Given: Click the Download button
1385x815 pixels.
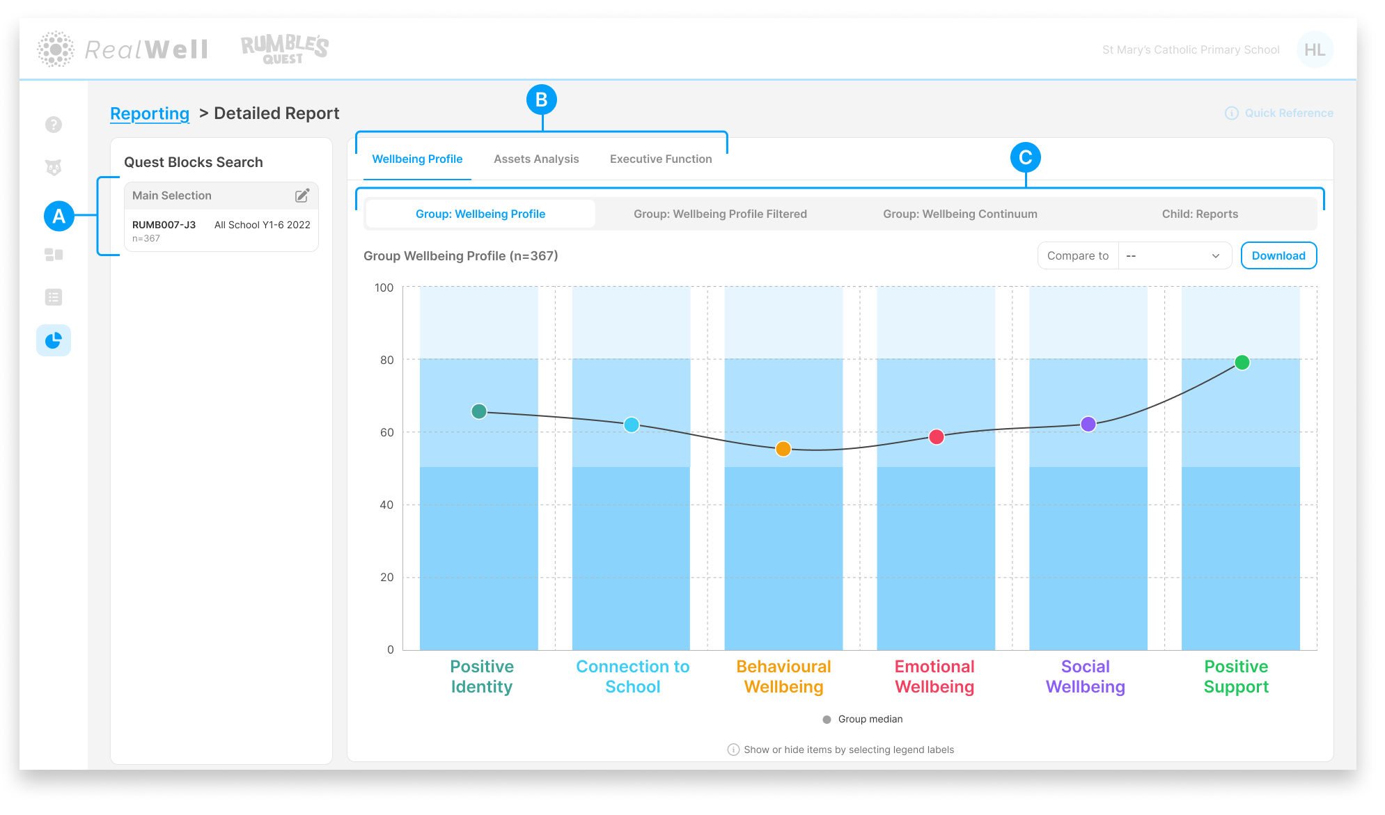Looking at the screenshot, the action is [1278, 255].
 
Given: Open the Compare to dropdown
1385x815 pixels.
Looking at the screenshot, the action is [1175, 255].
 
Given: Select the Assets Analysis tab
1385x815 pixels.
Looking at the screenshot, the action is [536, 159].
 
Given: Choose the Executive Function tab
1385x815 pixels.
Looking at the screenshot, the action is [661, 159].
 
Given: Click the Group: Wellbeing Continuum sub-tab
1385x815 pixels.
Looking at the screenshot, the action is [960, 214].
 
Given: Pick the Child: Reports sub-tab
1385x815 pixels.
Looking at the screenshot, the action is [1200, 214].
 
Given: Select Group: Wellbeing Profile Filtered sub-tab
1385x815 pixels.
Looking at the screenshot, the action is [720, 214].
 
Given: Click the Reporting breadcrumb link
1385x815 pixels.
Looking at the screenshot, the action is [150, 113].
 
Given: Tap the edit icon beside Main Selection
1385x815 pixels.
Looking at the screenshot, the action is [302, 196].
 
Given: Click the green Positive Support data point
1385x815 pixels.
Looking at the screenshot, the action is [1242, 362].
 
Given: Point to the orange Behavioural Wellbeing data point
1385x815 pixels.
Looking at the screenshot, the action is [783, 449].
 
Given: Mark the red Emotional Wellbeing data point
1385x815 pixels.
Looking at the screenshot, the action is [937, 436].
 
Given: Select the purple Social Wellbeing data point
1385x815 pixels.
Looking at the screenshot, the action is [1088, 424].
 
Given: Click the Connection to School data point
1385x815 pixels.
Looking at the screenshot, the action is [632, 425].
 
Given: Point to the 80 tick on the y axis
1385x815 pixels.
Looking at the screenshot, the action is [386, 360].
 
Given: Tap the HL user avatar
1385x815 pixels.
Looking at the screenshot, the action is [1315, 49].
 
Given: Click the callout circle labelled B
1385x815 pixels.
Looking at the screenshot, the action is [541, 100].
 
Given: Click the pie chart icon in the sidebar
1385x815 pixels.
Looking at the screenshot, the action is [54, 340].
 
